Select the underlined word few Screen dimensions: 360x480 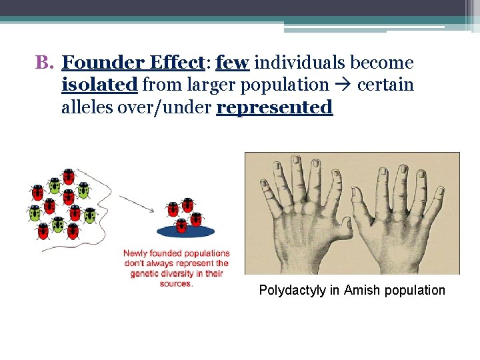click(233, 63)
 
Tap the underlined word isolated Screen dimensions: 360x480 click(99, 85)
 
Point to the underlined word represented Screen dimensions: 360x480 click(275, 107)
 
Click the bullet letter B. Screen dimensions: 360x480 click(43, 63)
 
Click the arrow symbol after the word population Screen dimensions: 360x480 click(343, 85)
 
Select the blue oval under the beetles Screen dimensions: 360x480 click(185, 231)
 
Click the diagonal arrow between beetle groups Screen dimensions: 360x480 click(137, 204)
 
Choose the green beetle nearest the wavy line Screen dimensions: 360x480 click(83, 191)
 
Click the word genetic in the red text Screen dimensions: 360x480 click(146, 273)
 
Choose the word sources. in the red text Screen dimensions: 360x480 click(176, 283)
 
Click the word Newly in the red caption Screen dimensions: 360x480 click(137, 253)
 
